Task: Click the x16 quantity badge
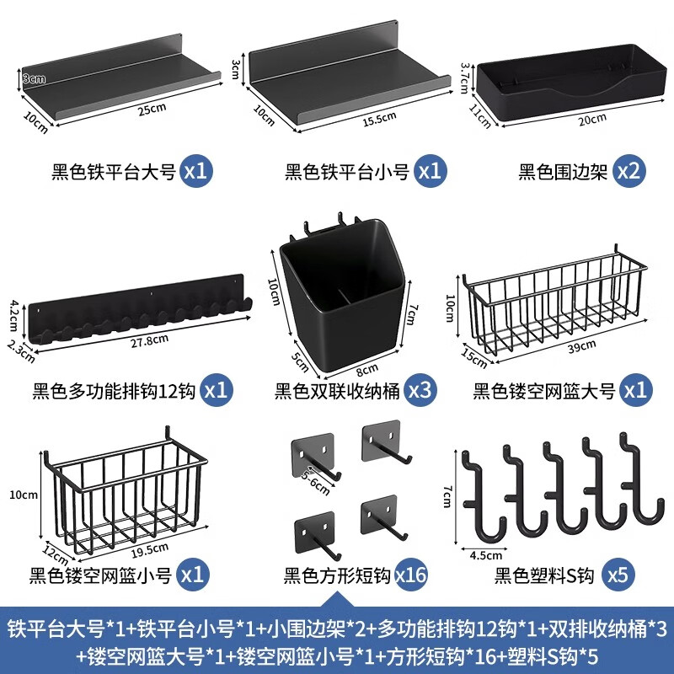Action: (410, 576)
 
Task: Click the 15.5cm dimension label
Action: (378, 119)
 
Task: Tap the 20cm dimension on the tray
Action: (592, 118)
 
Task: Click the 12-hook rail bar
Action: (139, 312)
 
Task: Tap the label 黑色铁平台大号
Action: (113, 173)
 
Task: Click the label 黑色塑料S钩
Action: (544, 577)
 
